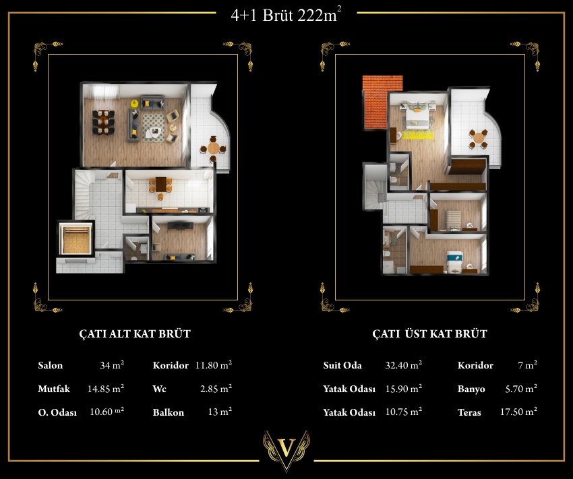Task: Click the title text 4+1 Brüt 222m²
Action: (x=286, y=15)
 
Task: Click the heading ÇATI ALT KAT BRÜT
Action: (x=135, y=333)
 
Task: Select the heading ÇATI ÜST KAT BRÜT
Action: (x=430, y=333)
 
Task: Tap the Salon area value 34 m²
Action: (x=112, y=365)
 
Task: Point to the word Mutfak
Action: (x=54, y=389)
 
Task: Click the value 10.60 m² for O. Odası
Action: (x=107, y=412)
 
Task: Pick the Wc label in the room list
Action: (x=159, y=389)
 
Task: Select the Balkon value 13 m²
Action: (x=220, y=412)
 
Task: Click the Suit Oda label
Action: (x=342, y=365)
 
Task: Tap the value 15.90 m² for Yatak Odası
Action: (x=404, y=389)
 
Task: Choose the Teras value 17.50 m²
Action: (x=518, y=412)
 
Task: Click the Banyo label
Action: (x=471, y=389)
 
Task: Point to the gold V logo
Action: (x=286, y=450)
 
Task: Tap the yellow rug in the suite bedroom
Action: (x=418, y=135)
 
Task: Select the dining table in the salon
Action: (x=104, y=122)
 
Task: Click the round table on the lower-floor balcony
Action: (x=213, y=149)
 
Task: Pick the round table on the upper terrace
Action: (x=479, y=138)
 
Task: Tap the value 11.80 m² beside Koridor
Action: (x=214, y=365)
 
